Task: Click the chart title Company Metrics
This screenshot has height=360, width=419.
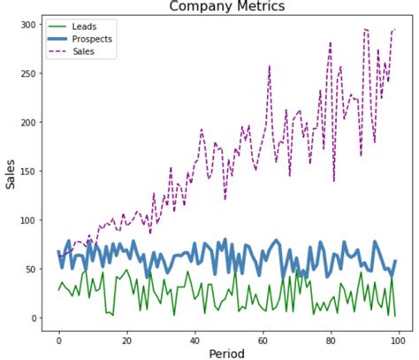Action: point(227,7)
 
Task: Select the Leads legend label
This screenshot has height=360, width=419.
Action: point(85,27)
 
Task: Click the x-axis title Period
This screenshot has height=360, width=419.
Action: point(227,353)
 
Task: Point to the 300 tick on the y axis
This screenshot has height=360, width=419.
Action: point(28,25)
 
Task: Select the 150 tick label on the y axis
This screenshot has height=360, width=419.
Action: point(28,172)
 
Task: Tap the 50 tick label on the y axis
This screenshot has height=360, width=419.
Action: point(31,270)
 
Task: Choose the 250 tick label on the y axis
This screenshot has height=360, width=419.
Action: point(28,73)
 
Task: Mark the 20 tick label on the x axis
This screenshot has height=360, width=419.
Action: point(126,337)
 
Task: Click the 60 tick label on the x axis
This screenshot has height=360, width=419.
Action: point(263,337)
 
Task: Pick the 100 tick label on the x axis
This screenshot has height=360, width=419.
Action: point(398,337)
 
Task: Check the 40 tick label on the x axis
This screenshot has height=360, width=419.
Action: point(194,337)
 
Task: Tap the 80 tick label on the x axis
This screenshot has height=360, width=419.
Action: point(331,337)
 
